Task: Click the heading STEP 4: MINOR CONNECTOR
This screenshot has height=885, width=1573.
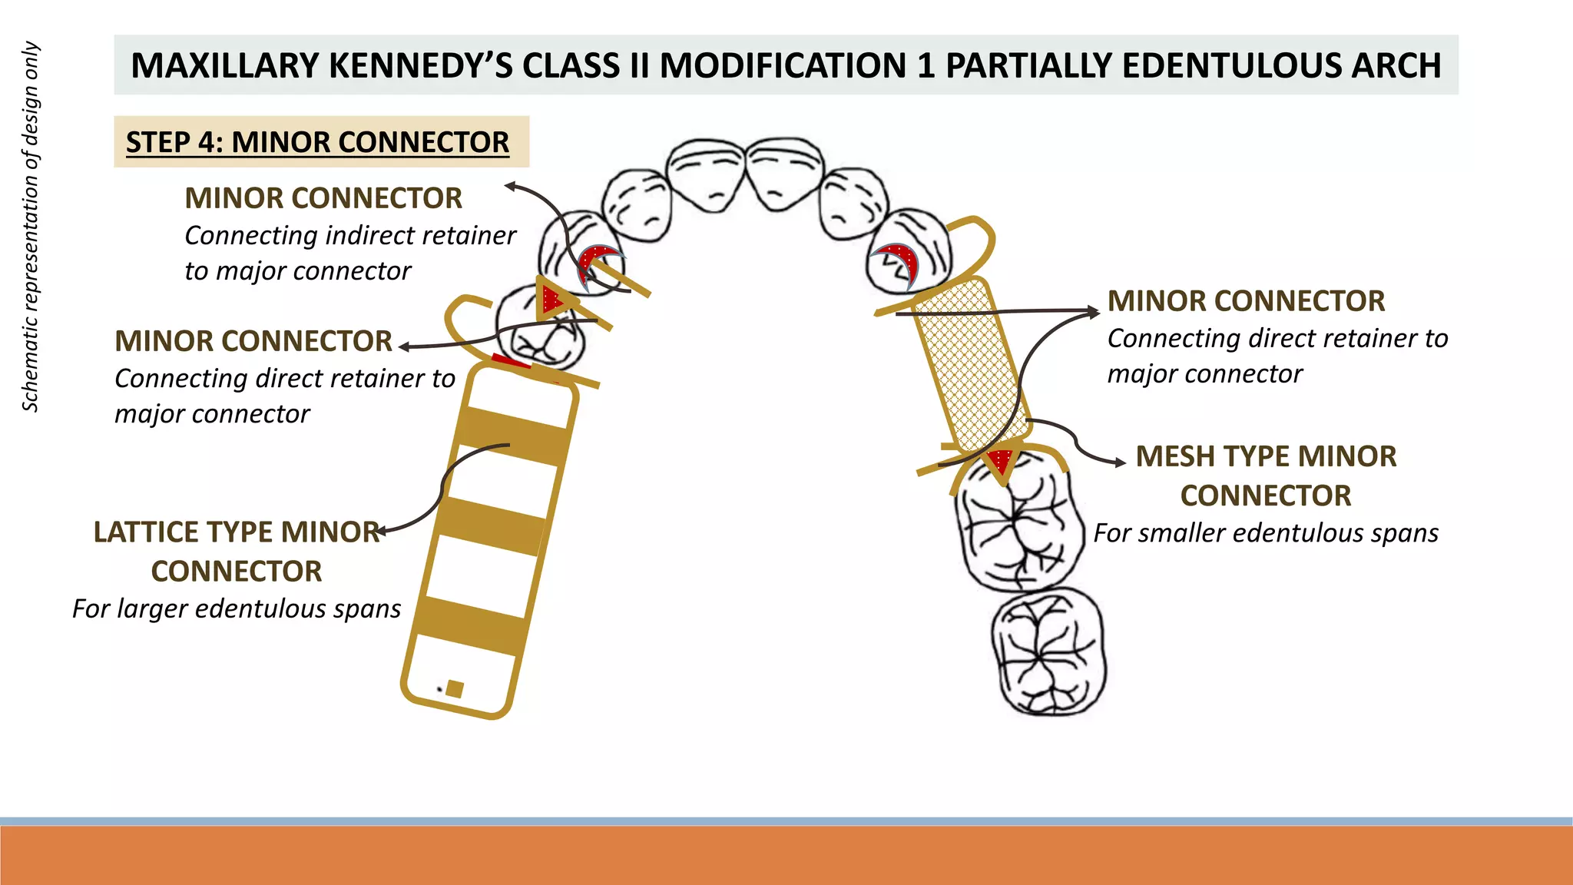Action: pos(317,142)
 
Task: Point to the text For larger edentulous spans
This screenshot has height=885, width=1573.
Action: pos(237,608)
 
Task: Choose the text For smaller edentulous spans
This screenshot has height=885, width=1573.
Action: pos(1265,533)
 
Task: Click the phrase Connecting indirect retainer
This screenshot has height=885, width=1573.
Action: pos(350,235)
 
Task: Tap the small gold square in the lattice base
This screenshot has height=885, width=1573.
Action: pos(454,688)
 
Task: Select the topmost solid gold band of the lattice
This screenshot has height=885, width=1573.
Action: pos(513,436)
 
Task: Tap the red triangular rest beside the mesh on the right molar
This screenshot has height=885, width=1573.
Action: pos(1001,462)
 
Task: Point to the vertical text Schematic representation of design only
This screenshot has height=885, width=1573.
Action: pos(30,227)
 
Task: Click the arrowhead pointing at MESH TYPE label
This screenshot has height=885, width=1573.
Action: pos(1121,462)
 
